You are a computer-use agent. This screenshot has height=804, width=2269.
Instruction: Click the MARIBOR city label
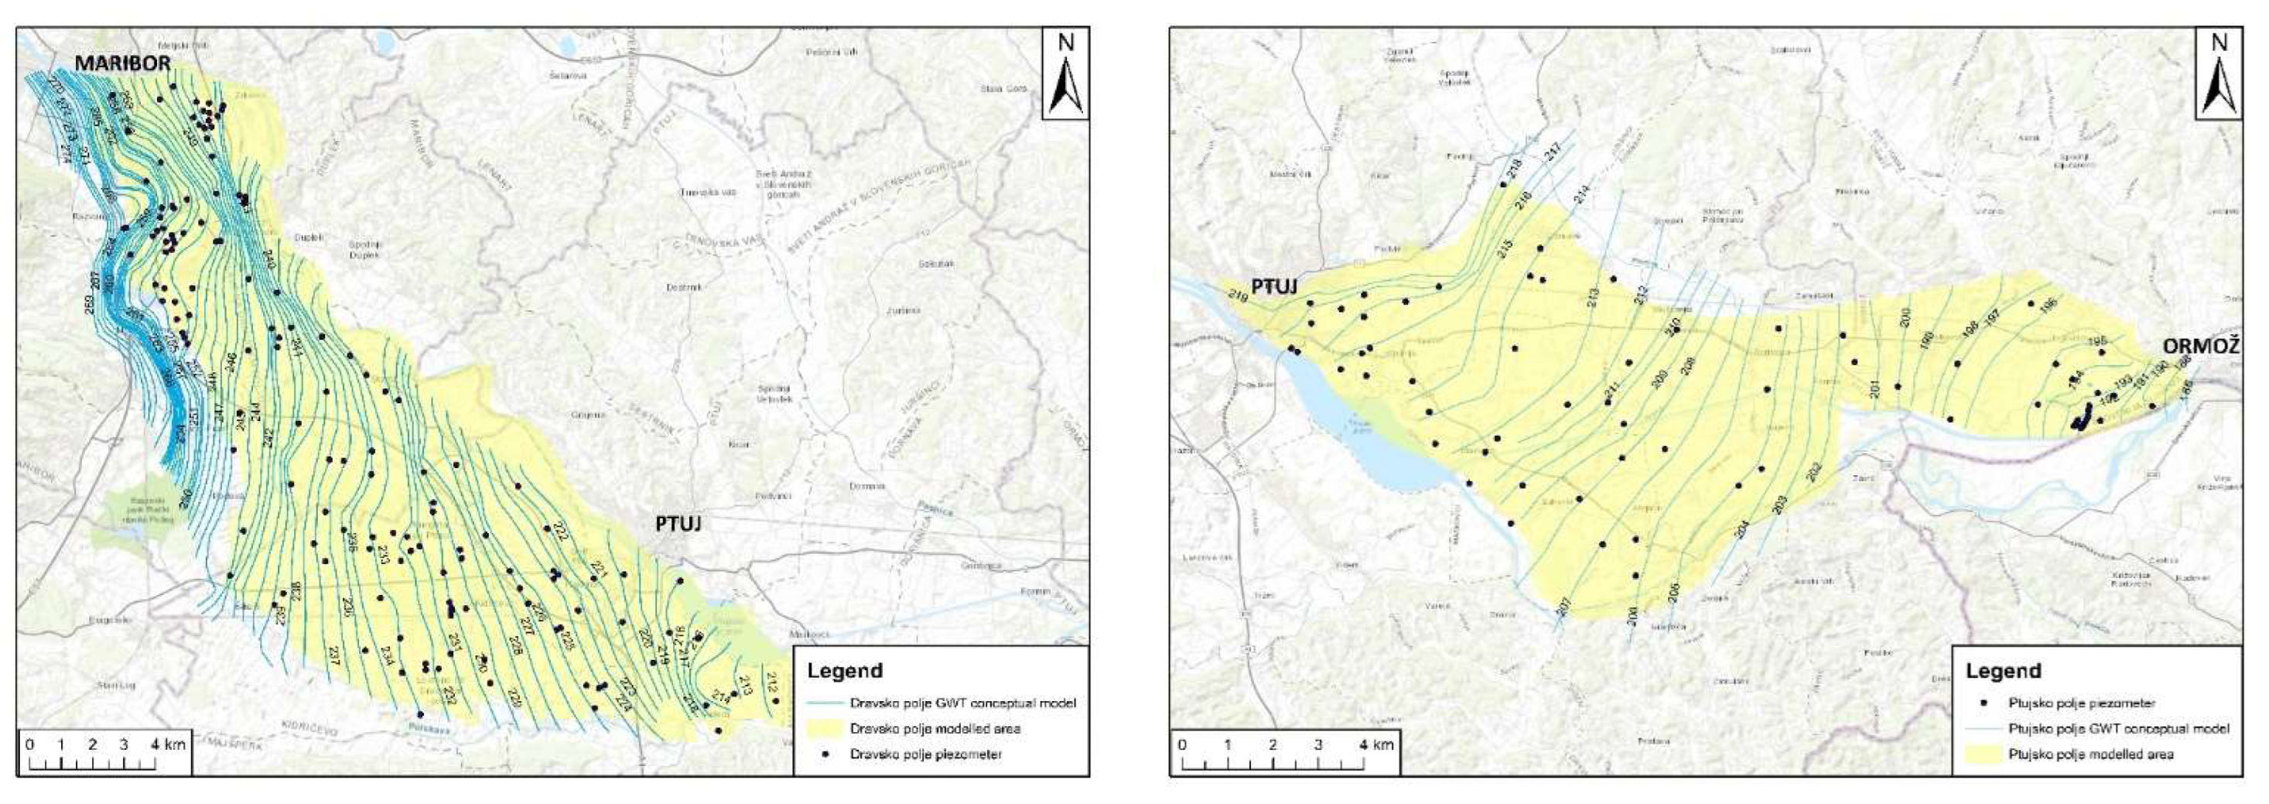coord(121,63)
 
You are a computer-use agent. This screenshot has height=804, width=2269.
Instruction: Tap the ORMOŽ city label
coord(2199,346)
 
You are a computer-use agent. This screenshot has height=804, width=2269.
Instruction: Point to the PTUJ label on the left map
coord(678,524)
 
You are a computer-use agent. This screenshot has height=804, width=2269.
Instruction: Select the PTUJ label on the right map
coord(1275,287)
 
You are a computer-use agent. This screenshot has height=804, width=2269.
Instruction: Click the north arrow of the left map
coord(1066,74)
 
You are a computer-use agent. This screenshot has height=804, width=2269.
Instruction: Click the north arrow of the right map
coord(2219,74)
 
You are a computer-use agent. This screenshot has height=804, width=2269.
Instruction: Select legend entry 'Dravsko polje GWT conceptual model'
coord(962,703)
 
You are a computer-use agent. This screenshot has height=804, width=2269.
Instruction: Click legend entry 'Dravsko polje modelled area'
coord(935,728)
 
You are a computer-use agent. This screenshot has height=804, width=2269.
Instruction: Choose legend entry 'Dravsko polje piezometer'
coord(926,754)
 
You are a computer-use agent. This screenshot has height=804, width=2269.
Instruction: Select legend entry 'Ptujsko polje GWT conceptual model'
coord(2118,728)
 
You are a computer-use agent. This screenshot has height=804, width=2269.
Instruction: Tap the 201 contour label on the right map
coord(1874,388)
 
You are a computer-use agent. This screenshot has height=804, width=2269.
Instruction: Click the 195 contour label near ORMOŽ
coord(2097,342)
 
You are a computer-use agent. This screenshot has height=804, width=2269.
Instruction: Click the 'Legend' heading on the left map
coord(845,671)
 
